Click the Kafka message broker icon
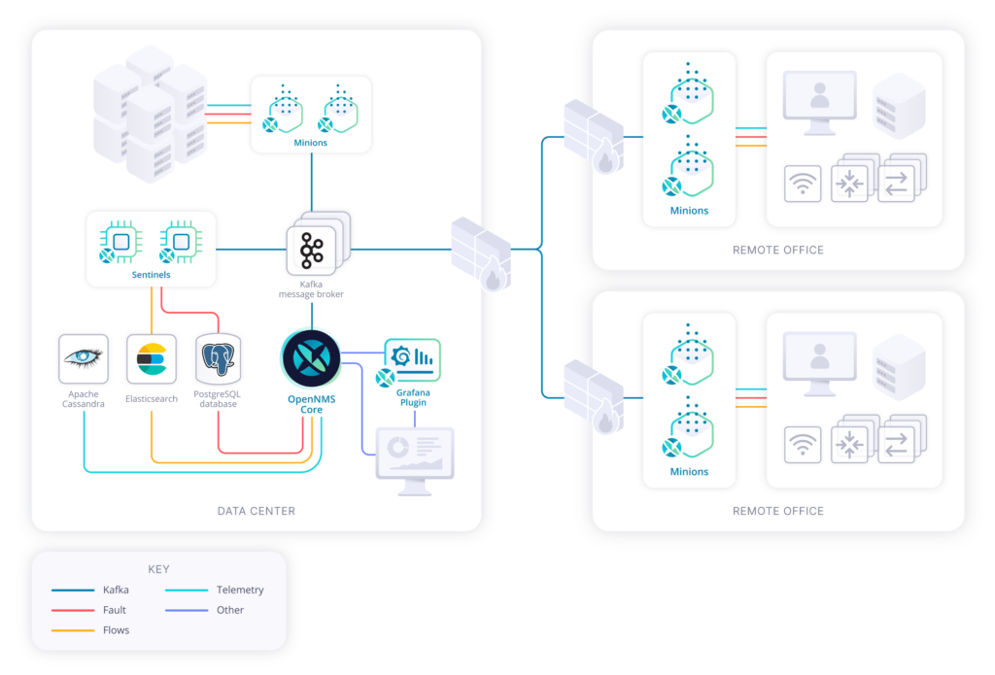click(312, 250)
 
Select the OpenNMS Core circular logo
click(311, 358)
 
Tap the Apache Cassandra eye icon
click(84, 358)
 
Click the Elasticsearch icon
click(152, 358)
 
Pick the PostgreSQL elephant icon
click(218, 359)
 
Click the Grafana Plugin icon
click(412, 360)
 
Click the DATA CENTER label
click(256, 511)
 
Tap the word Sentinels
click(151, 275)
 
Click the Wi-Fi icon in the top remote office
click(803, 184)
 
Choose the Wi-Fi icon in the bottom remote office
click(803, 445)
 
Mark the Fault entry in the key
click(114, 610)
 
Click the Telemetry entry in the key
click(240, 590)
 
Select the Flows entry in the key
click(115, 630)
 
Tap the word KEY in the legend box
click(158, 569)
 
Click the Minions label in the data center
click(311, 143)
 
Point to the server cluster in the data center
click(151, 112)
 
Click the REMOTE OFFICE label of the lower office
click(777, 511)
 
